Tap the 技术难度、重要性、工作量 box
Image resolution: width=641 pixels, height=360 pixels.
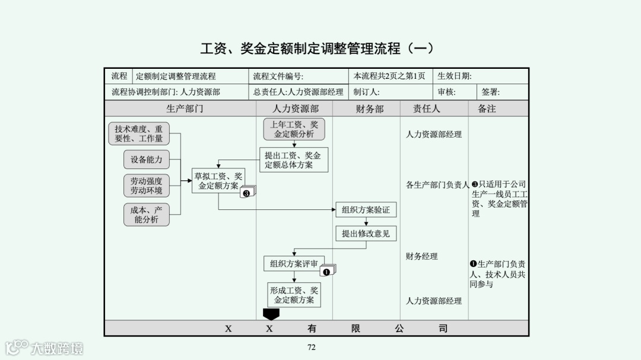139,133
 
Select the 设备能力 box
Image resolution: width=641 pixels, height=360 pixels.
147,160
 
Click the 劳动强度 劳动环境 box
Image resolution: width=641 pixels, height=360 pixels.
147,186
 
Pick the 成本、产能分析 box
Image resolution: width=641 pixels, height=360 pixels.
147,215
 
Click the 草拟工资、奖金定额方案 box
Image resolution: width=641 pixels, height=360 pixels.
218,181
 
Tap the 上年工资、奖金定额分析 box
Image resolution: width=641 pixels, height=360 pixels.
294,129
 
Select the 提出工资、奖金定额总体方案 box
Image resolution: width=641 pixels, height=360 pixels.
293,160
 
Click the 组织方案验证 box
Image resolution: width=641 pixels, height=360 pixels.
366,210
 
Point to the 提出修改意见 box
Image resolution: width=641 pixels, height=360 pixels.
366,234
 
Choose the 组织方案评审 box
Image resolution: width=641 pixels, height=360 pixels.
294,264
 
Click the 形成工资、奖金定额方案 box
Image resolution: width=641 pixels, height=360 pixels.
294,295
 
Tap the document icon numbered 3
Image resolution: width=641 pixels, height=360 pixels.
247,192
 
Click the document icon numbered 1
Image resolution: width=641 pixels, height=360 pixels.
327,271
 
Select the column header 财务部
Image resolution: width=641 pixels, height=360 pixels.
370,109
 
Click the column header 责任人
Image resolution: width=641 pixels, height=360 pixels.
427,109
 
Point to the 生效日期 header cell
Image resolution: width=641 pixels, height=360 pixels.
455,76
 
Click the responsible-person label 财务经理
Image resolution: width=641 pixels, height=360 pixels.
422,256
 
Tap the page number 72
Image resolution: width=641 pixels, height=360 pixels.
312,348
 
